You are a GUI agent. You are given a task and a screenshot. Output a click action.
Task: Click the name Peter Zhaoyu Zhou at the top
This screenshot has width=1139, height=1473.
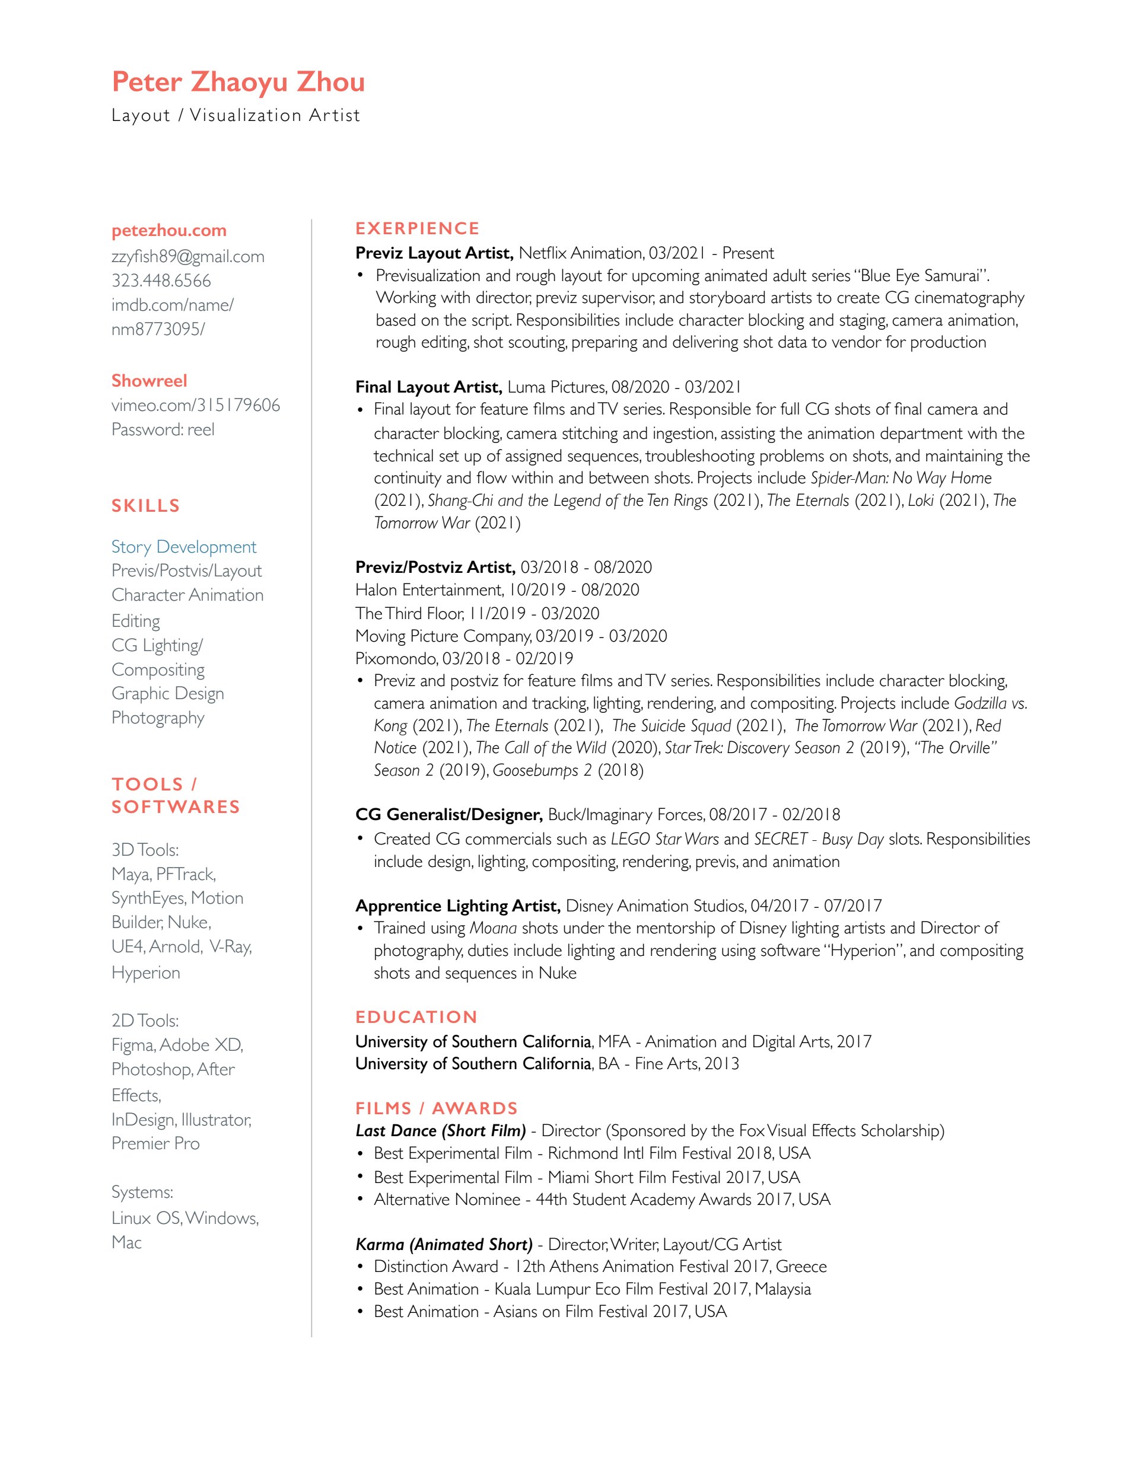coord(238,82)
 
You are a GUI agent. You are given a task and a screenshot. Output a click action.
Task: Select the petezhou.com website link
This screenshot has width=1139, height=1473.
coord(168,231)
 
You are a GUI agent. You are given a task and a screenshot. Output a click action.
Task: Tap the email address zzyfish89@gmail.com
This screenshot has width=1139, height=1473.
coord(187,256)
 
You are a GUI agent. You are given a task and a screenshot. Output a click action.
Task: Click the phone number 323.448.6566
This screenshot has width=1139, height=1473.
coord(161,280)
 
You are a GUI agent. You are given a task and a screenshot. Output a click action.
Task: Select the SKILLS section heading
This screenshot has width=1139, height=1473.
coord(146,505)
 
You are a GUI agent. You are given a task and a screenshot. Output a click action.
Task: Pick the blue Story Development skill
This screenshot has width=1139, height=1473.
coord(183,546)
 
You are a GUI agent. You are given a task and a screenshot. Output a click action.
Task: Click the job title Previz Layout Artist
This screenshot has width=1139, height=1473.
coord(434,253)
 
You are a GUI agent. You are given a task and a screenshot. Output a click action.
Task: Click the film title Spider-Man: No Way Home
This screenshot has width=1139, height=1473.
coord(901,477)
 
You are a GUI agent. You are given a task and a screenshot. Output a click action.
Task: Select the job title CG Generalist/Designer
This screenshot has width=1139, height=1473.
coord(448,814)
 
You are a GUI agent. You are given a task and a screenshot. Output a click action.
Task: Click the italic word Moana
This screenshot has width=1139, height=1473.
coord(492,927)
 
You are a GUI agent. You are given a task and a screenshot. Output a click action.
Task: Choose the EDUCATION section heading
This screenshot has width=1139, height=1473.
coord(416,1016)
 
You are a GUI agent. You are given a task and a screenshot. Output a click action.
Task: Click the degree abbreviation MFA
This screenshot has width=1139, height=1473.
coord(614,1041)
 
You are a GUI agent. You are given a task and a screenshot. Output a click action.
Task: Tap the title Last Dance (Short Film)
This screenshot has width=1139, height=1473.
coord(440,1130)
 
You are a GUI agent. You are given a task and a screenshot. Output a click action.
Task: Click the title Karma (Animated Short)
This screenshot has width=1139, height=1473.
coord(444,1244)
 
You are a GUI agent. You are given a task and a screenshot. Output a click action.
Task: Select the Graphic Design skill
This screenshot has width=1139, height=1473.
coord(167,693)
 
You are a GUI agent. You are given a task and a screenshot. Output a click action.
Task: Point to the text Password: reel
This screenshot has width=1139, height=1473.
coord(163,429)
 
